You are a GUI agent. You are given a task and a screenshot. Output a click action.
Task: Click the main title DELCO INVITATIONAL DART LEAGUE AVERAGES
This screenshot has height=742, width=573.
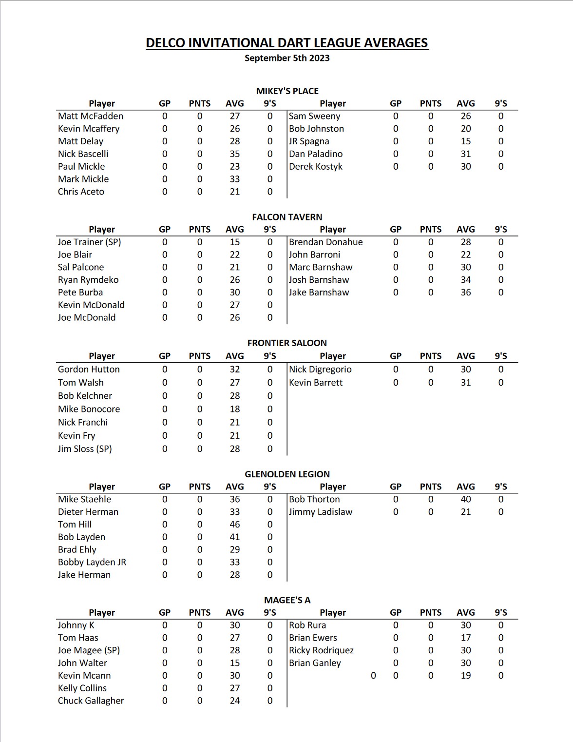[x=287, y=43]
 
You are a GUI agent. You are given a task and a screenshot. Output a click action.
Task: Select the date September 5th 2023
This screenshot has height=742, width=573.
[x=287, y=58]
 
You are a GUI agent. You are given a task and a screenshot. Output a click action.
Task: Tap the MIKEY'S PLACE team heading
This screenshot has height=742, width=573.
[x=287, y=91]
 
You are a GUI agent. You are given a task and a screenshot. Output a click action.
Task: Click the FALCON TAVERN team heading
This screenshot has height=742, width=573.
[x=287, y=217]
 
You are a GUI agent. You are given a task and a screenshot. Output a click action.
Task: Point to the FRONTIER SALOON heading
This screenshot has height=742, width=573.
[x=287, y=343]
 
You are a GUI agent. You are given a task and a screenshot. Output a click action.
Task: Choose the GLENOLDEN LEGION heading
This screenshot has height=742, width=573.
[x=287, y=474]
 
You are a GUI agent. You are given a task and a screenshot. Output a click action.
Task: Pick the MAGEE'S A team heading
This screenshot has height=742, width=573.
[x=287, y=600]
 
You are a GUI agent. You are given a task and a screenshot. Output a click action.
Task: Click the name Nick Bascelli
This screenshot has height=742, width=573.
[x=83, y=154]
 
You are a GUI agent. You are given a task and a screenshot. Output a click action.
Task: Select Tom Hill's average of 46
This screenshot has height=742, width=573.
[x=235, y=524]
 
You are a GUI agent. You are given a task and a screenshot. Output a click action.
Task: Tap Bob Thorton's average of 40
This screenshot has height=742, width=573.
[x=466, y=499]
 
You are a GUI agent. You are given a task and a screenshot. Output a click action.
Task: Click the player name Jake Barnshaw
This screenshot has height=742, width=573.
[x=319, y=292]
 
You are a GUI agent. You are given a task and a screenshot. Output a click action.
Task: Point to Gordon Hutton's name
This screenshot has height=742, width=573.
[x=89, y=369]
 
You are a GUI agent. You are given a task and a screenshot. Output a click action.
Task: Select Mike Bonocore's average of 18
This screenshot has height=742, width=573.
[x=235, y=409]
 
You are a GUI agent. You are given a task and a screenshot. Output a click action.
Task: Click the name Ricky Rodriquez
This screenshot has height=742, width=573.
[x=322, y=650]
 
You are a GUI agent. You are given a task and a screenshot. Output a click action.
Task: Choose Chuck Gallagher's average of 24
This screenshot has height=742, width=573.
[x=235, y=700]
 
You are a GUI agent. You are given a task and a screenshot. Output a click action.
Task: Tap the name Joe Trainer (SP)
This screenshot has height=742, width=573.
[x=89, y=242]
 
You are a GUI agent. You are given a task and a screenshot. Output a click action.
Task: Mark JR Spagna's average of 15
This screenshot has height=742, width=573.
[x=466, y=141]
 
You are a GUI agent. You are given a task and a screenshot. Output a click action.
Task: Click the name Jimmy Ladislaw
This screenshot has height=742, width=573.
[x=321, y=511]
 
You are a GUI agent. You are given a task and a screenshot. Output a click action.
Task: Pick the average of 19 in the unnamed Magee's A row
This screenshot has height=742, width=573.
[x=466, y=675]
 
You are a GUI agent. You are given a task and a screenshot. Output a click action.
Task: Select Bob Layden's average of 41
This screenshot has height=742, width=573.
[x=235, y=537]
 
